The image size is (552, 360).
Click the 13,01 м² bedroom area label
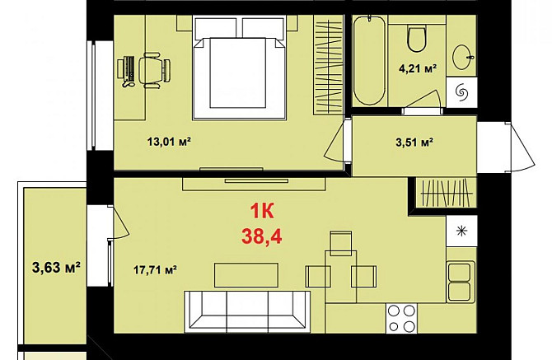click(x=169, y=142)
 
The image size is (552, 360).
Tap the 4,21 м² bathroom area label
click(x=418, y=68)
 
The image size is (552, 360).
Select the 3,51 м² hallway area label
click(x=414, y=143)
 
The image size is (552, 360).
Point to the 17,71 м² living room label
click(x=155, y=270)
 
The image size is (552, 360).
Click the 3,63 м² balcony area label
click(x=56, y=268)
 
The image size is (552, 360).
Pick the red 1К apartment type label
click(x=262, y=212)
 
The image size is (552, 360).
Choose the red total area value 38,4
click(x=261, y=236)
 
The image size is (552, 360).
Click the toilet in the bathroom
click(x=417, y=38)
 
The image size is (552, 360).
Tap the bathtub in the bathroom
click(x=369, y=60)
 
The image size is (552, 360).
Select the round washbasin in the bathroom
click(x=462, y=57)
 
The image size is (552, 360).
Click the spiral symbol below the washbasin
click(x=461, y=92)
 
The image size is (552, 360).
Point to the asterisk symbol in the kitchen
click(x=461, y=231)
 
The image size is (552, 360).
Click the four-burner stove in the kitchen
click(x=401, y=319)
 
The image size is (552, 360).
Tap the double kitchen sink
click(x=460, y=282)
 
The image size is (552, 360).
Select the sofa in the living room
click(x=247, y=311)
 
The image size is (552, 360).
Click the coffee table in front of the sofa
click(x=246, y=275)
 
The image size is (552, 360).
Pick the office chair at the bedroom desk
click(x=154, y=70)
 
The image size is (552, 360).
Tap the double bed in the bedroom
click(x=240, y=68)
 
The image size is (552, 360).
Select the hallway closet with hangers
click(x=446, y=193)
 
